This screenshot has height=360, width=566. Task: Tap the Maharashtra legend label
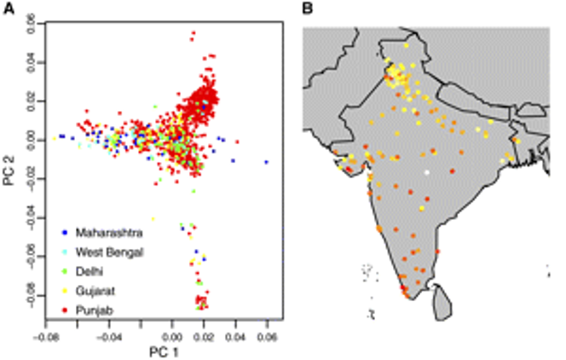pos(108,232)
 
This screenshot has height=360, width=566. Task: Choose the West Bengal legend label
pos(108,251)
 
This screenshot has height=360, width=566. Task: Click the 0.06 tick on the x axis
pos(268,336)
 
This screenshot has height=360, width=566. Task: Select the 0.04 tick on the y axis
pos(32,62)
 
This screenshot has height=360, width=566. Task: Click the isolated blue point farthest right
pos(266,161)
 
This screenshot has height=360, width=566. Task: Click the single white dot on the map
pos(428,173)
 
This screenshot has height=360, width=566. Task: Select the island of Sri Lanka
pos(442,300)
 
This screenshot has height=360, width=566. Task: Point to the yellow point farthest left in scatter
pos(55,137)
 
